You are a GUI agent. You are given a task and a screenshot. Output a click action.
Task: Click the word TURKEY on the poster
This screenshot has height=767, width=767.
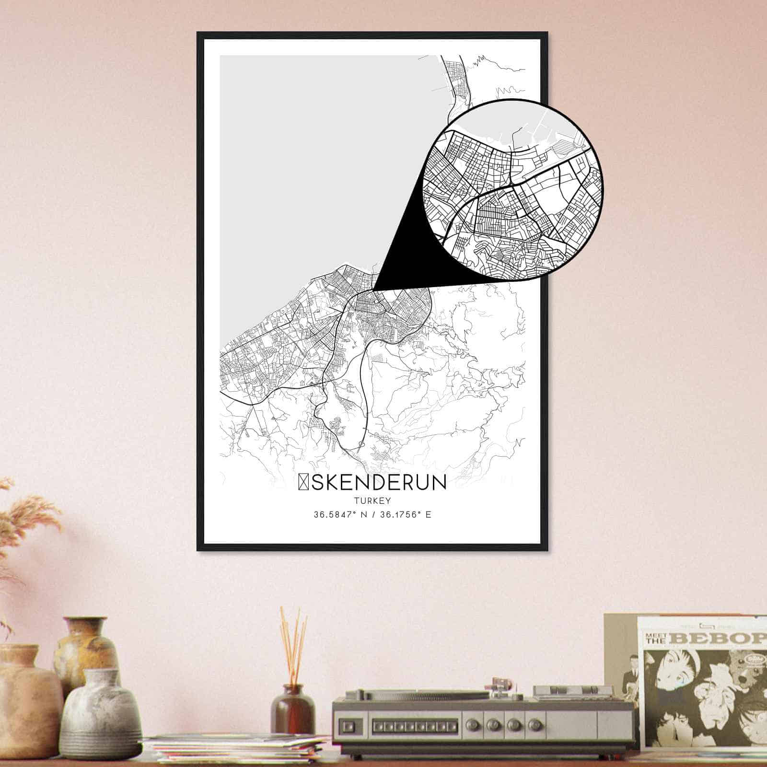coord(372,500)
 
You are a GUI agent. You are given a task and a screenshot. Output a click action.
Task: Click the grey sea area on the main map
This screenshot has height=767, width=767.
coord(312,168)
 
